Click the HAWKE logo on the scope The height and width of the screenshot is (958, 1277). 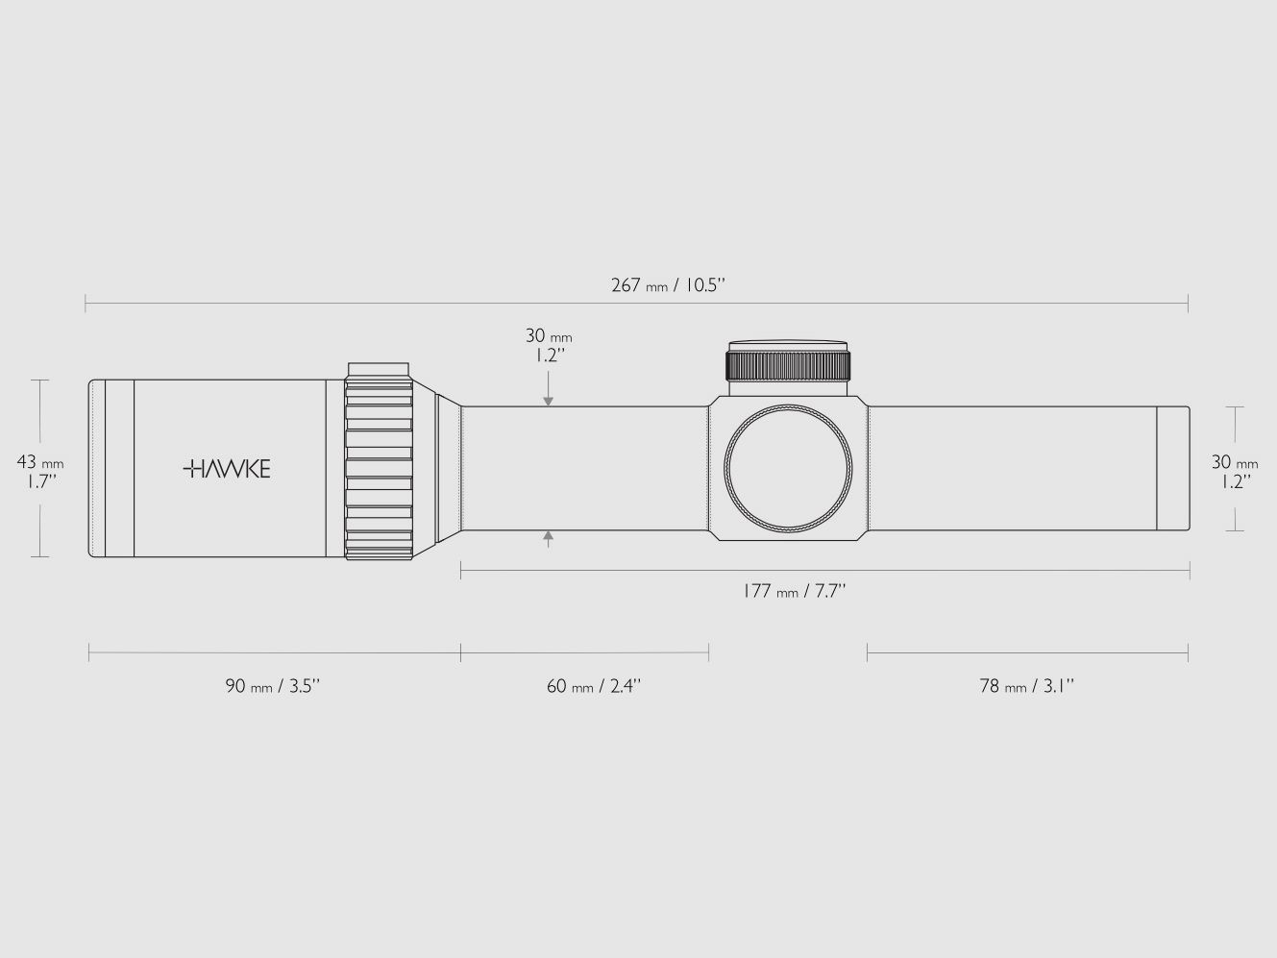click(227, 469)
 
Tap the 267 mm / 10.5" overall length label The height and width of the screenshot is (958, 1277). click(667, 285)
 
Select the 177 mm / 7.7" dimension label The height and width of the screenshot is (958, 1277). click(794, 591)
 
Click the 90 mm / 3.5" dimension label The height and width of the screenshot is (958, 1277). click(272, 686)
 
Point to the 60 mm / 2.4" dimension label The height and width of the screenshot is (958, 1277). click(593, 686)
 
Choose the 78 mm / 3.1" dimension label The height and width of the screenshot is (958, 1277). click(1026, 686)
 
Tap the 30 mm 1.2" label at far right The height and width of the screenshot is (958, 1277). click(1234, 472)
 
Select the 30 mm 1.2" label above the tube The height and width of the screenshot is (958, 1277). click(549, 344)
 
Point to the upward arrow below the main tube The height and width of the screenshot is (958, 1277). click(549, 538)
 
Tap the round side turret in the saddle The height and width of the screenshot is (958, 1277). click(788, 469)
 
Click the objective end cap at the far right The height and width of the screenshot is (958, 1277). click(1172, 468)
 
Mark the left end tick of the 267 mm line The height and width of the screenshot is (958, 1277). click(86, 304)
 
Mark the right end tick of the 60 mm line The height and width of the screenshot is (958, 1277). click(709, 653)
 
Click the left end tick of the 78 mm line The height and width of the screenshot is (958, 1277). click(867, 653)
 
